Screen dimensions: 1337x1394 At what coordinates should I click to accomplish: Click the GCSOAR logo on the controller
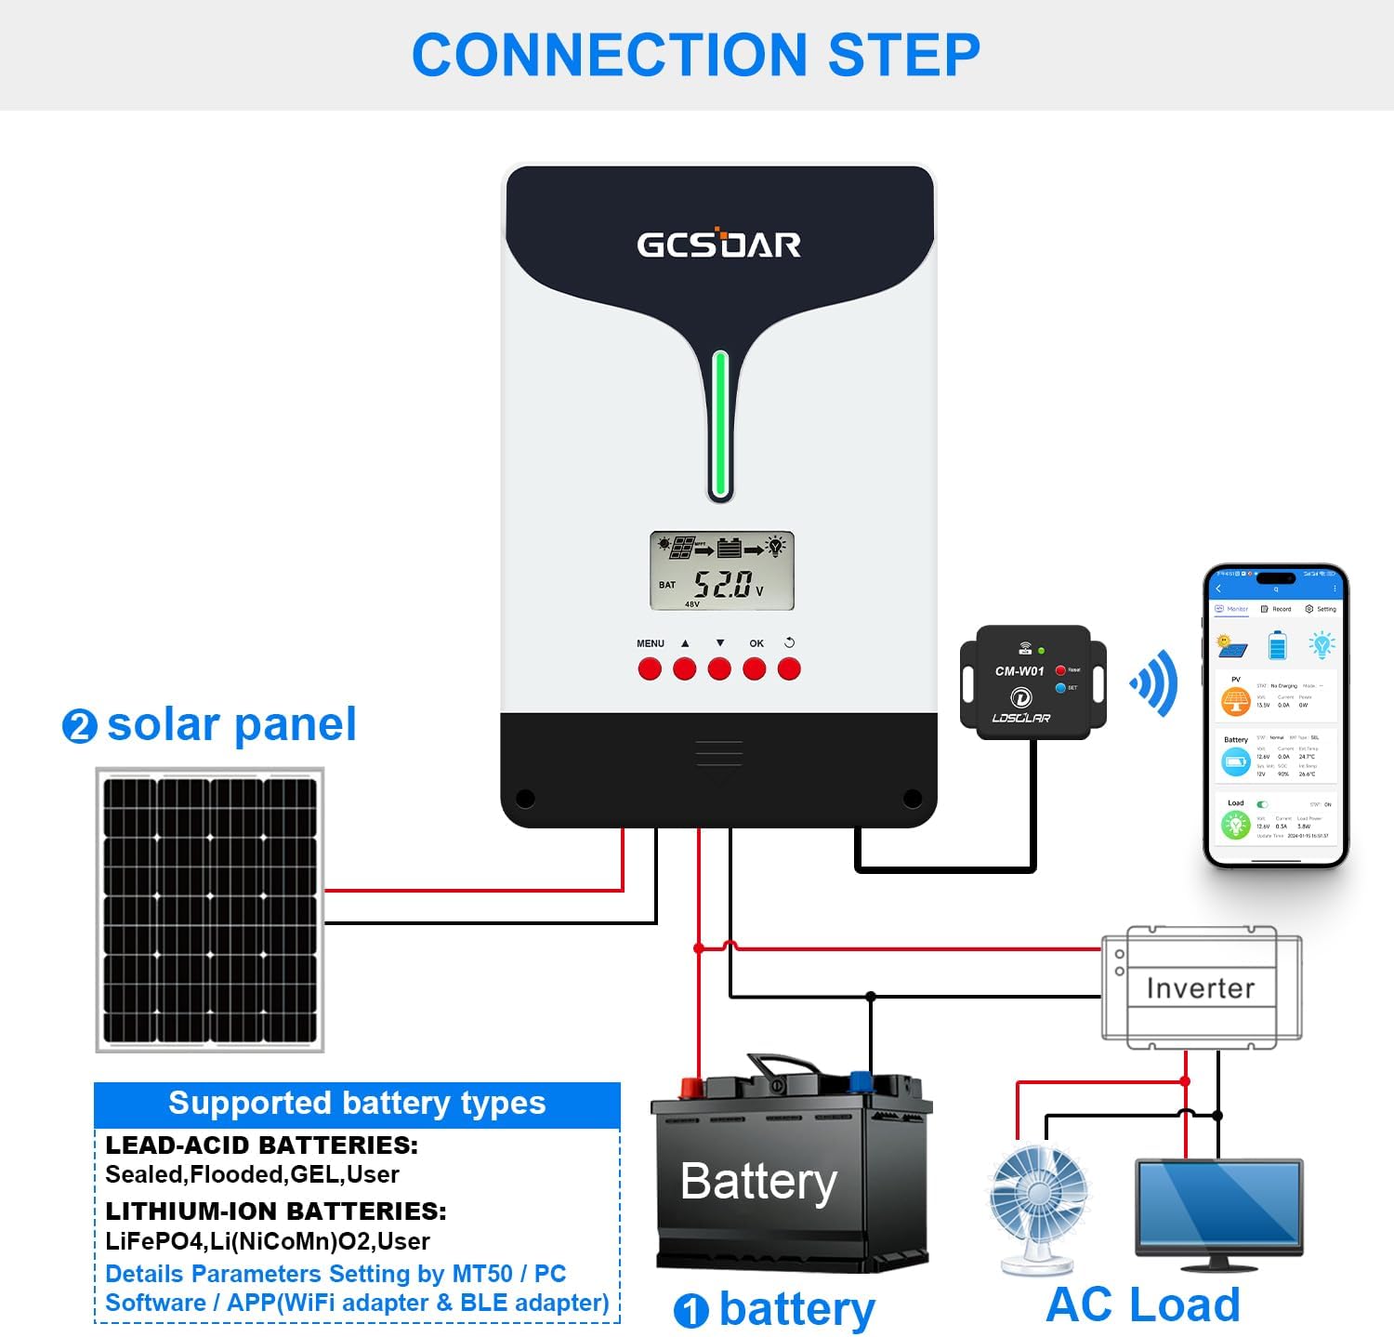coord(718,244)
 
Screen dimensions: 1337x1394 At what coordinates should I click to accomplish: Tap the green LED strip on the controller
coord(719,425)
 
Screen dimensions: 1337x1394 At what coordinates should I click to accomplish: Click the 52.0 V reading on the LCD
coord(723,585)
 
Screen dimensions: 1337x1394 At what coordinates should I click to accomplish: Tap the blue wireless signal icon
coord(1155,683)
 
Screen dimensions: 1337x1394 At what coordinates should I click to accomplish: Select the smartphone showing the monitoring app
coord(1275,716)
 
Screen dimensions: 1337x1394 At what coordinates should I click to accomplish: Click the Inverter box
coord(1201,987)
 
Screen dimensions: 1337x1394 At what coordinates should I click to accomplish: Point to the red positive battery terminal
coord(691,1086)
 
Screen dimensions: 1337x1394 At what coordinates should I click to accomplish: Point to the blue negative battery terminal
coord(861,1081)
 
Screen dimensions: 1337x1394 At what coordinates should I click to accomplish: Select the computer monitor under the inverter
coord(1218,1209)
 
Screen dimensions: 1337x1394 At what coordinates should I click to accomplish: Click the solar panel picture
coord(210,910)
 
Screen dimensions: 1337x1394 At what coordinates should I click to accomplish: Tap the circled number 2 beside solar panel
coord(79,726)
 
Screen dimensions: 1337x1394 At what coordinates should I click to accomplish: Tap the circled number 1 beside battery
coord(690,1311)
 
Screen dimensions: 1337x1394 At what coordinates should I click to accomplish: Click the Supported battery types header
coord(357,1104)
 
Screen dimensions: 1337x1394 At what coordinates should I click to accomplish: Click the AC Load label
coord(1142,1304)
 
